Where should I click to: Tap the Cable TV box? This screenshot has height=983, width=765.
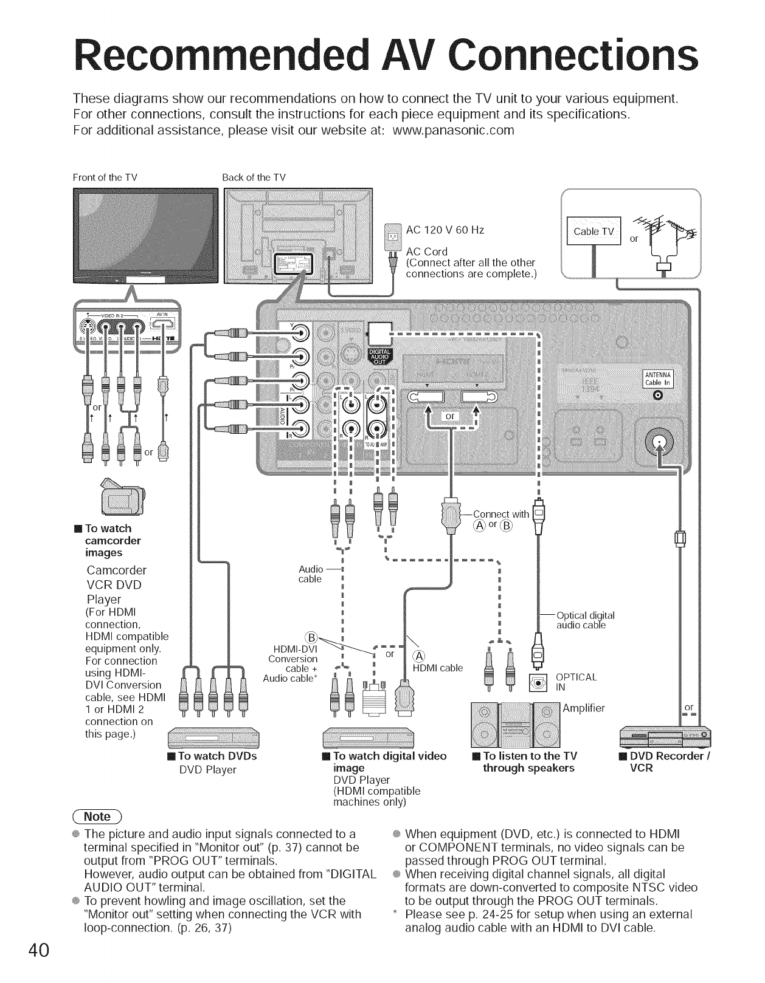click(593, 231)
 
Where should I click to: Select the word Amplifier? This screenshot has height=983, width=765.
click(584, 708)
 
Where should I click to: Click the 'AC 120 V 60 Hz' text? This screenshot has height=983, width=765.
click(445, 230)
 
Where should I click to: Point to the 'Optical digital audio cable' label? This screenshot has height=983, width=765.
click(586, 620)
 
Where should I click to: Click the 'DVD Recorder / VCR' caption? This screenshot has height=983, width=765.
click(664, 762)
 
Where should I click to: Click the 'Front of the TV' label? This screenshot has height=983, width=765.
click(105, 177)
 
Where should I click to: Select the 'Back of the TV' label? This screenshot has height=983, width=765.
click(254, 177)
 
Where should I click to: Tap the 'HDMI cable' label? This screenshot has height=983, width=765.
click(438, 668)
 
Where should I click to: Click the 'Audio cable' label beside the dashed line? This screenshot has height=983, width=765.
click(311, 574)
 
